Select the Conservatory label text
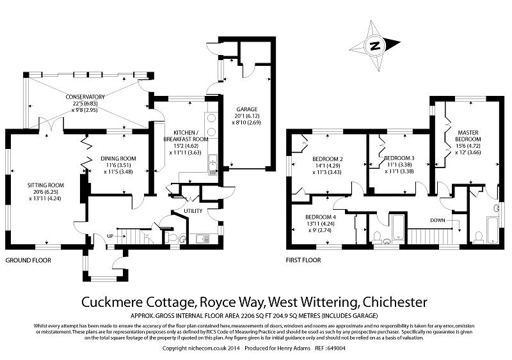[x=85, y=97]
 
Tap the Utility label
[x=193, y=210]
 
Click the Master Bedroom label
[x=468, y=136]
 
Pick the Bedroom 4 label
[x=321, y=217]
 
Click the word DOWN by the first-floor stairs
[x=438, y=220]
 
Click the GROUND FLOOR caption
[x=28, y=261]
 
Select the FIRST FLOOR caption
[x=304, y=261]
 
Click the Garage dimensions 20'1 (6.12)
[x=246, y=116]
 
